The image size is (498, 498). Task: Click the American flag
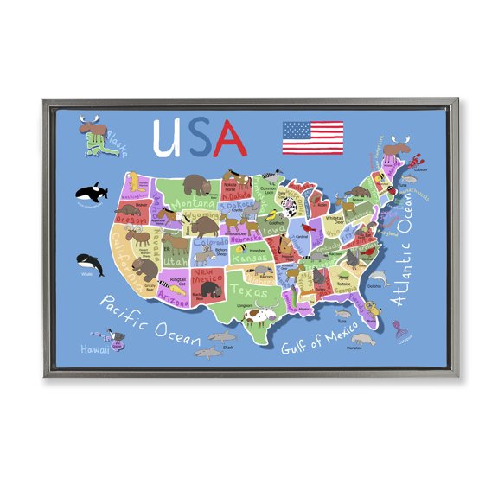coord(312,137)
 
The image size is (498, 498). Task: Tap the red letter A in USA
coord(230,136)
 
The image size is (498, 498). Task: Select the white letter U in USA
coord(167,137)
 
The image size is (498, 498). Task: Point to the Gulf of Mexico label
coord(315,341)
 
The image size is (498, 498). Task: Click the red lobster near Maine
coord(416,161)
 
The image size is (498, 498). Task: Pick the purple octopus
coord(397,329)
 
